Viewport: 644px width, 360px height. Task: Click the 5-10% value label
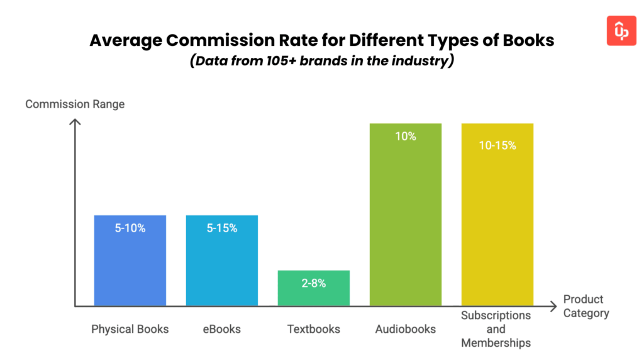(130, 228)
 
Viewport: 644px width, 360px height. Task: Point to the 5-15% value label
(222, 228)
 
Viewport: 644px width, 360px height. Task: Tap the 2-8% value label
(314, 283)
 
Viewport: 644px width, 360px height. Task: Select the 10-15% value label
(497, 145)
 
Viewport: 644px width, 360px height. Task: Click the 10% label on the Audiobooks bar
(406, 136)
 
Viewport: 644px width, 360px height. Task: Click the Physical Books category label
(130, 329)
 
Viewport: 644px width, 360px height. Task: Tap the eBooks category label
(222, 329)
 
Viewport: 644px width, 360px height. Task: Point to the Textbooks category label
(314, 329)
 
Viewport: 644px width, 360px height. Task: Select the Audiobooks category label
(406, 329)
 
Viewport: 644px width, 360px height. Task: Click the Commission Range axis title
(75, 104)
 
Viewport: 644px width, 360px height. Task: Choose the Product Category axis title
(586, 306)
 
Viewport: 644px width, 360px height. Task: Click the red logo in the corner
(621, 31)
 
